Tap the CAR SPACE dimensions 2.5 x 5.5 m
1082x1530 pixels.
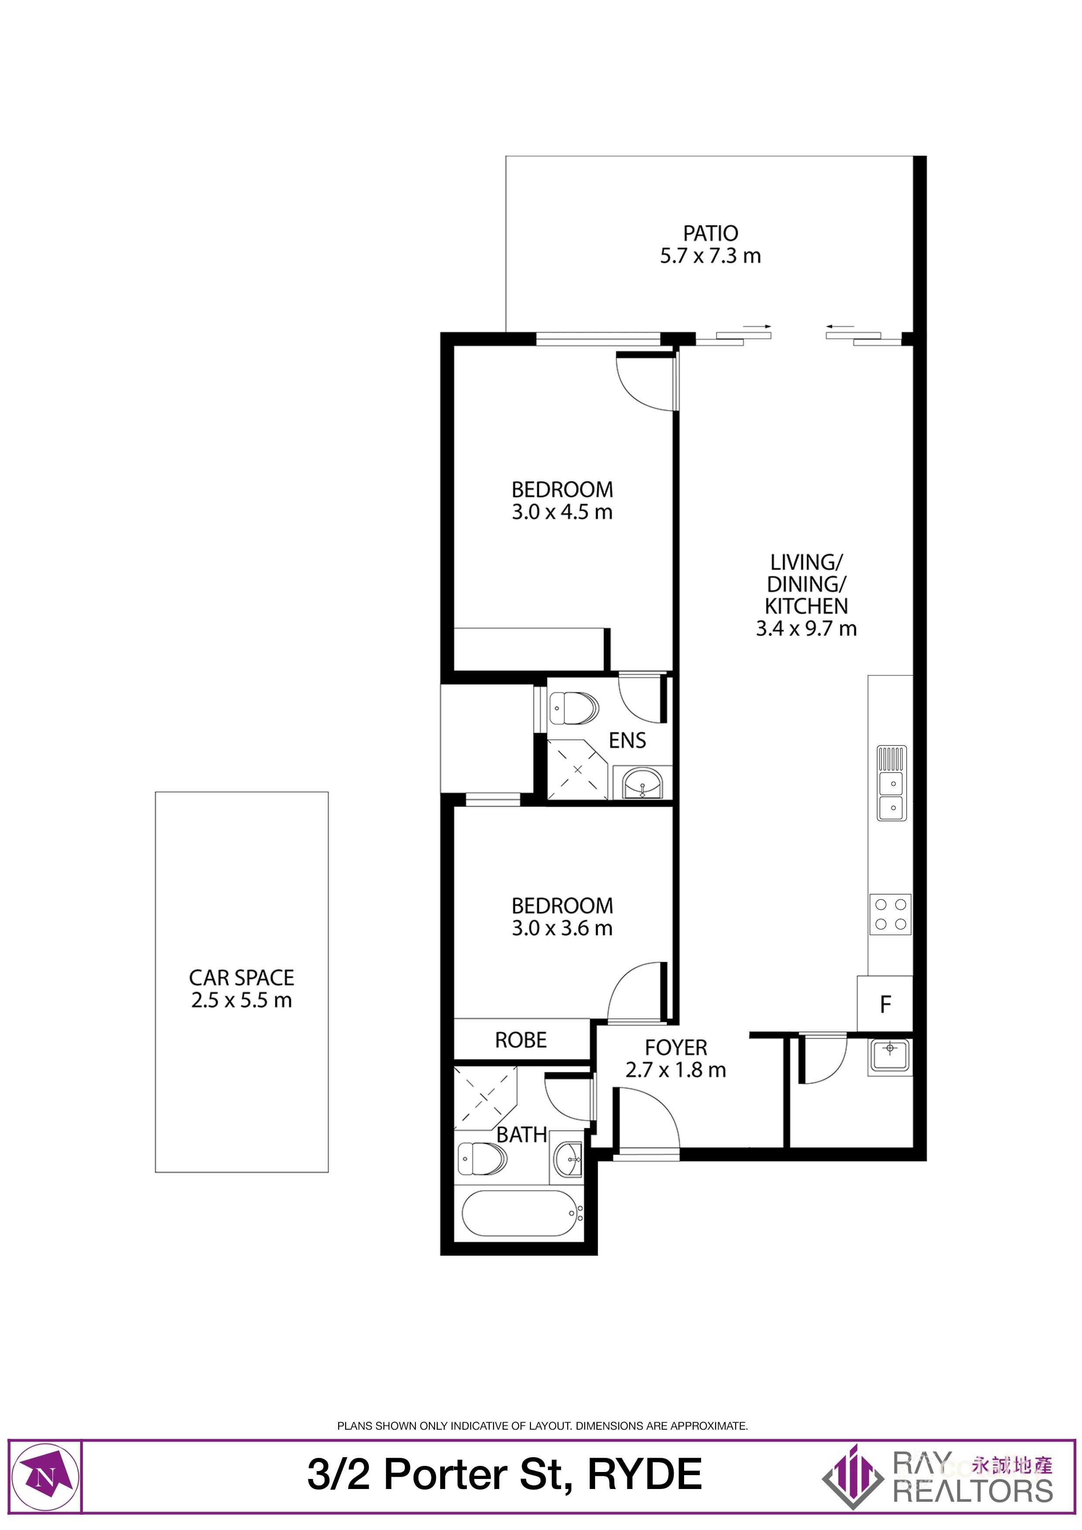point(241,1000)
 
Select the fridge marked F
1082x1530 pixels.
point(885,1004)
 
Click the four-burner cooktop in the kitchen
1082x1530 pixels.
point(890,914)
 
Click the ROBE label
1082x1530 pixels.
point(520,1040)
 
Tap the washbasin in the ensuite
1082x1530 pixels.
point(641,784)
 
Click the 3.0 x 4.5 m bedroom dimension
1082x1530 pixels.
point(562,512)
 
